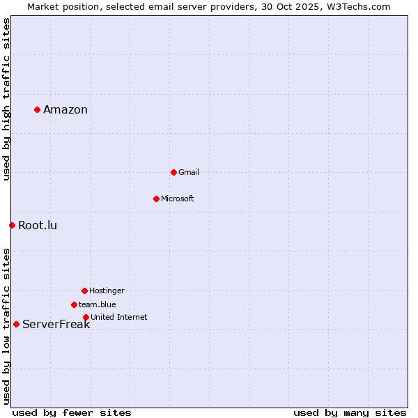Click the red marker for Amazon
click(x=37, y=109)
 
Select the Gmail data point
click(x=173, y=172)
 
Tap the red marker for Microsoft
click(x=156, y=199)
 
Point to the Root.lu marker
click(x=12, y=225)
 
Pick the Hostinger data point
click(x=84, y=291)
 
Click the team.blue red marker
click(x=74, y=304)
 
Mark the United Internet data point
click(x=86, y=317)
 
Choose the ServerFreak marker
click(x=16, y=324)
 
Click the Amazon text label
click(x=65, y=109)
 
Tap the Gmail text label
click(x=189, y=172)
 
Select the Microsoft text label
click(x=178, y=199)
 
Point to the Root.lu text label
click(x=38, y=225)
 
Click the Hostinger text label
click(x=107, y=291)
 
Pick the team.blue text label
click(x=98, y=304)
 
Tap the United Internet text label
click(x=119, y=317)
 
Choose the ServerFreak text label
click(x=56, y=324)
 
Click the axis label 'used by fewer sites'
click(x=72, y=412)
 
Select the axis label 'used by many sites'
click(x=350, y=412)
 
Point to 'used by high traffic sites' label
click(x=6, y=99)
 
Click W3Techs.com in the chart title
click(x=356, y=6)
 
